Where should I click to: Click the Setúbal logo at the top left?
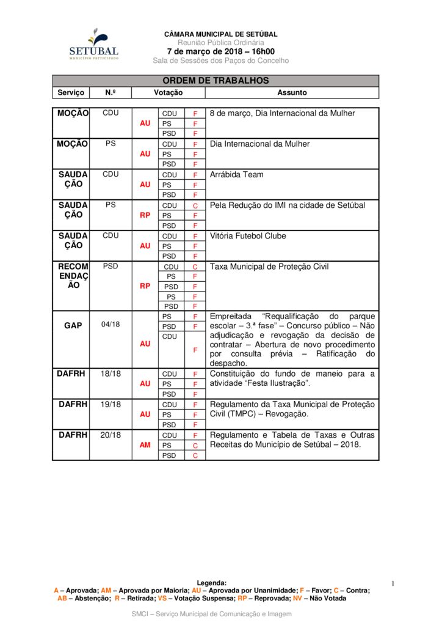pos(93,44)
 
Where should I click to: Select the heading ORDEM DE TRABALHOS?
pos(216,81)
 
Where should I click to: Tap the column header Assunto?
pos(292,93)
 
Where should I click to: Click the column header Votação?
pos(168,93)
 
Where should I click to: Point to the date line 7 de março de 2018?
pos(220,51)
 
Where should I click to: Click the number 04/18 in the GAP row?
pos(111,325)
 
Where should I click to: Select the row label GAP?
pos(73,325)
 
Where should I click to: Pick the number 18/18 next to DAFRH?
pos(111,374)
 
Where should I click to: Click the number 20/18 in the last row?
pos(111,435)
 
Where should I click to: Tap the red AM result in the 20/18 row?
pos(145,445)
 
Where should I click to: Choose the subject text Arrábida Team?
pos(237,175)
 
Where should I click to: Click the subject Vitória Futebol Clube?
pos(247,236)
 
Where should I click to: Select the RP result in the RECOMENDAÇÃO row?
pos(145,286)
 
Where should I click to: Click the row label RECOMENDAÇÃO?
pos(73,276)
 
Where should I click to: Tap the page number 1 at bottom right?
pos(393,584)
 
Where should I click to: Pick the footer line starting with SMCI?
pos(211,613)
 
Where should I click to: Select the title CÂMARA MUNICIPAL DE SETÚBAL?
pos(220,34)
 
